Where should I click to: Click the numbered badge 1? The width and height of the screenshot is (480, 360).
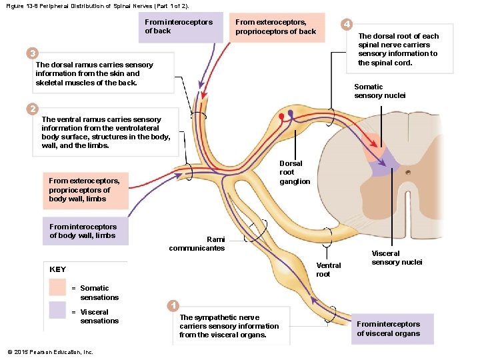click(173, 305)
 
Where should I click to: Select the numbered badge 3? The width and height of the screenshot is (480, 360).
click(31, 53)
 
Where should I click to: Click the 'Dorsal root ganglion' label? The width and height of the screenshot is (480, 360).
click(294, 172)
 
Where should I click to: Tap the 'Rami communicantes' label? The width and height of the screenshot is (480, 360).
click(197, 244)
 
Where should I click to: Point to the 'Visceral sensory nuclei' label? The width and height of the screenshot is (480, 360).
click(396, 257)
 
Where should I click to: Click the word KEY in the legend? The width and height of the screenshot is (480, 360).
click(58, 269)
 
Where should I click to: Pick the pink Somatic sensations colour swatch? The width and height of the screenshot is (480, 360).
click(57, 287)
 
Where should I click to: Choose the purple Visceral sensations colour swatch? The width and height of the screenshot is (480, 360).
click(57, 311)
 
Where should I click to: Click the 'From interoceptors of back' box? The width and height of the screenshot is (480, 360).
click(179, 27)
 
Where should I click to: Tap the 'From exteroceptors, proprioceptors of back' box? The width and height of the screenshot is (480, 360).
click(275, 27)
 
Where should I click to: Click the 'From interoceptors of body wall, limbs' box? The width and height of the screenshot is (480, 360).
click(83, 231)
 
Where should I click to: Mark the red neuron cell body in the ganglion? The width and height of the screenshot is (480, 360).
click(281, 117)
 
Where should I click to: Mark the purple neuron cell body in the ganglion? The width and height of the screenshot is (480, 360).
click(290, 113)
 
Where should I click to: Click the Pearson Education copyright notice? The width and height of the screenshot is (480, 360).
click(50, 352)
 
